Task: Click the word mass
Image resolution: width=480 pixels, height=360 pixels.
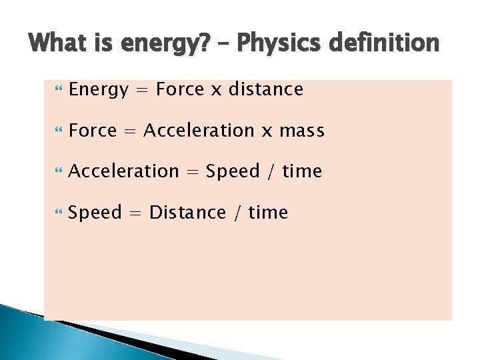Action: [x=302, y=131]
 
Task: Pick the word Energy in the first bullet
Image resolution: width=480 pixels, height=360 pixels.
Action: [x=98, y=90]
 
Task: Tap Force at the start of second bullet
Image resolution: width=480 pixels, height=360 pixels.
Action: [x=93, y=130]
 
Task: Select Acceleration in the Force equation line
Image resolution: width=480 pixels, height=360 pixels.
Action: [x=198, y=130]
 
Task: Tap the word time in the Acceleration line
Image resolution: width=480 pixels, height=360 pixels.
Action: [x=302, y=171]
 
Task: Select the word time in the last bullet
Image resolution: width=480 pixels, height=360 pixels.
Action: [x=268, y=213]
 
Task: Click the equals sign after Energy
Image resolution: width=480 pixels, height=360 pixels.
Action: [x=141, y=89]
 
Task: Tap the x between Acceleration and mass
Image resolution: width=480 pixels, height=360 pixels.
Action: [x=267, y=131]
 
